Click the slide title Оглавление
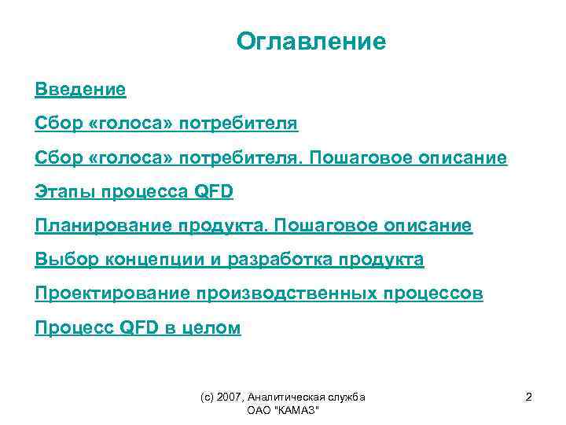311,42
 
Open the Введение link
80,89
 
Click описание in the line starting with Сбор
462,159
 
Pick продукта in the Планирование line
233,227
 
